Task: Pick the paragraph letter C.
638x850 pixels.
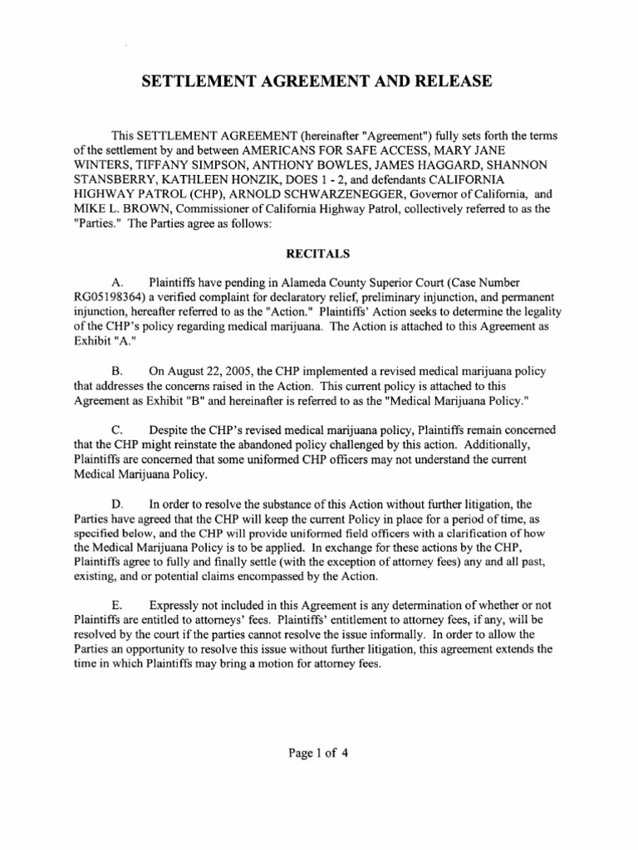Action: (116, 430)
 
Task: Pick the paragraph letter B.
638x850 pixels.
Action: (116, 371)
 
